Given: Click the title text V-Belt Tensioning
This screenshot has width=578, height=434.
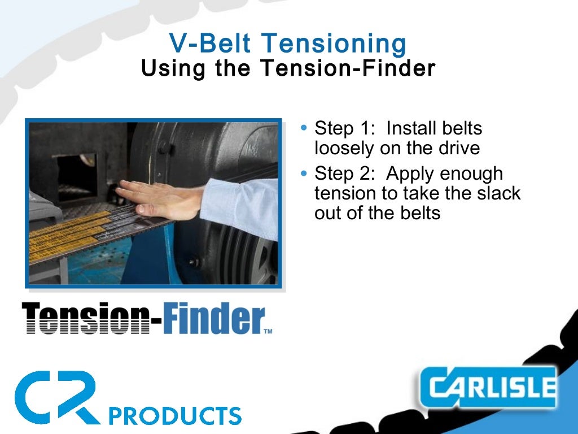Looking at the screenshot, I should tap(288, 44).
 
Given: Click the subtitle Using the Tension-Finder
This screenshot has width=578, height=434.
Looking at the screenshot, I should tap(288, 68).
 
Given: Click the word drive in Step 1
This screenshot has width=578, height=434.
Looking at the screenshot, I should tap(459, 148).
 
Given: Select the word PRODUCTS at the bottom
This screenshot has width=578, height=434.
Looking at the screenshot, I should tap(174, 415).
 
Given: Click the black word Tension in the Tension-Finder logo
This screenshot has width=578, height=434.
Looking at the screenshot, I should tap(85, 318).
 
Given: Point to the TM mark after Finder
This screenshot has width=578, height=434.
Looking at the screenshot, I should tap(268, 332).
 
